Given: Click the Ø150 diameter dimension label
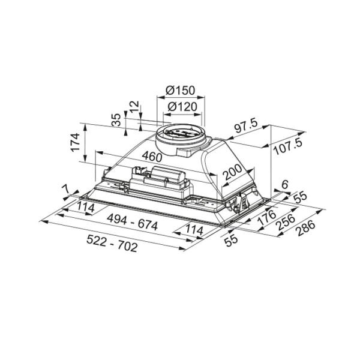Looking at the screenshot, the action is point(181,91).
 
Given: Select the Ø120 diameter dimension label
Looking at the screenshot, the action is point(182,107).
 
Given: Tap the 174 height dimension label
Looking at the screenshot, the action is point(76,142).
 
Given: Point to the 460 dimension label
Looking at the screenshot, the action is point(152,157).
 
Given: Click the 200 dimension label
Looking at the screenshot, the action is point(233,172).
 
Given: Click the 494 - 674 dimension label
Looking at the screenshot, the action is point(133,222).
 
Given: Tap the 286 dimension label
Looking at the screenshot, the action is point(306,227).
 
